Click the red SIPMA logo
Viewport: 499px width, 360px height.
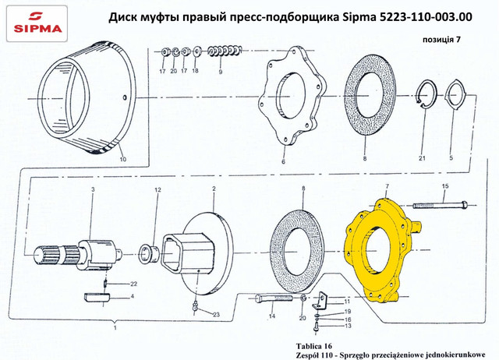pos(37,23)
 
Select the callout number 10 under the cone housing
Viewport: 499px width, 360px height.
pos(123,159)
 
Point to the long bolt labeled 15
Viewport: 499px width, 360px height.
pos(441,206)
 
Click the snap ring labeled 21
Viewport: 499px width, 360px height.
pos(427,94)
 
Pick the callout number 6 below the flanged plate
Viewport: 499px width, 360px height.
pos(283,161)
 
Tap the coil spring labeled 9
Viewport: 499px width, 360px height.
pos(225,51)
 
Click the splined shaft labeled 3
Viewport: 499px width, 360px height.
pos(78,255)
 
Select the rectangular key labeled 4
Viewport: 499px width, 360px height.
pos(97,297)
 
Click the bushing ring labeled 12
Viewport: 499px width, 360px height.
pos(147,253)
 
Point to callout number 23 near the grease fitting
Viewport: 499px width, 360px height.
pos(216,315)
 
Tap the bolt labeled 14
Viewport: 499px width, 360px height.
pos(274,298)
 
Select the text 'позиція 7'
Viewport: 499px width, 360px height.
pos(441,40)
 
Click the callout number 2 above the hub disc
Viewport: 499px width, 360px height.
pos(214,189)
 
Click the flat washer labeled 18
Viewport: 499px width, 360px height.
pos(196,51)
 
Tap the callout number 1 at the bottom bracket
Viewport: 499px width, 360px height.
pos(115,327)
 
